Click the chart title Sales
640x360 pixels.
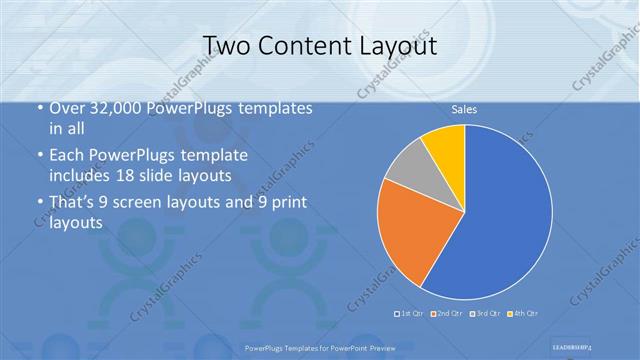pyautogui.click(x=463, y=110)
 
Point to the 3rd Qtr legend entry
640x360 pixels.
pyautogui.click(x=486, y=314)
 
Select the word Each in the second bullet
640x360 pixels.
pyautogui.click(x=66, y=155)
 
